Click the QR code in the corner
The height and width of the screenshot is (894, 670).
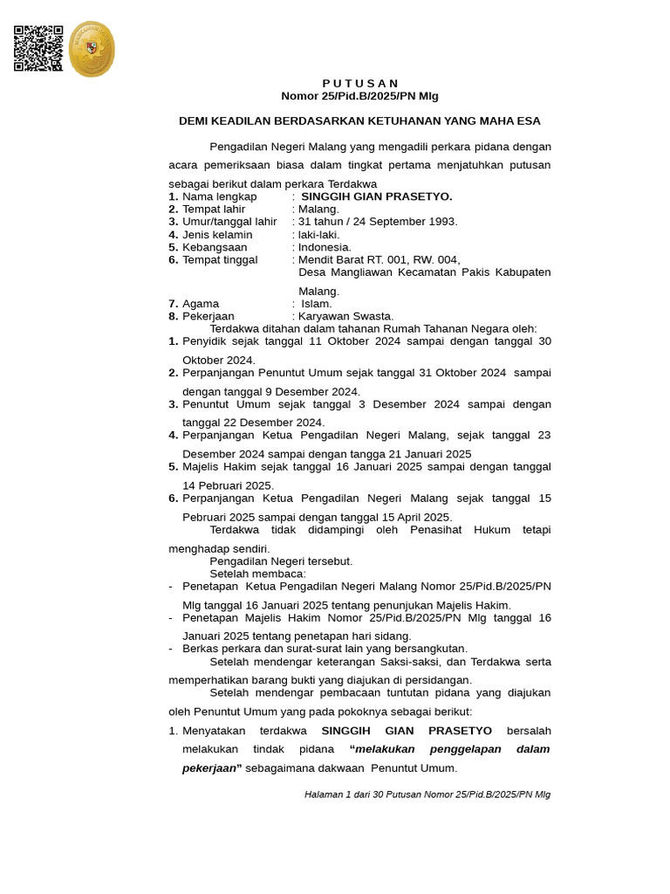point(38,48)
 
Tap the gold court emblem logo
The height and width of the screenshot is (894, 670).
point(91,49)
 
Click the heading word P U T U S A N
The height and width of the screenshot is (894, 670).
point(359,83)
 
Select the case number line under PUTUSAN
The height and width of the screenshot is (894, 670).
point(359,96)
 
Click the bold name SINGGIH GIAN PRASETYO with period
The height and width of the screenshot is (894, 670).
point(376,197)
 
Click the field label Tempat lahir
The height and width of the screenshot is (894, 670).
point(214,210)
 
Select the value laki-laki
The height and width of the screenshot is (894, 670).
point(318,235)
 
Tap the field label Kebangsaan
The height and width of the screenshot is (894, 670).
point(215,247)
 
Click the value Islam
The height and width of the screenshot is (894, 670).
point(317,304)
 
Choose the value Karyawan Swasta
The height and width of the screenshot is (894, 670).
point(345,316)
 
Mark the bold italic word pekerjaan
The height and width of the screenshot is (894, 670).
point(209,768)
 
